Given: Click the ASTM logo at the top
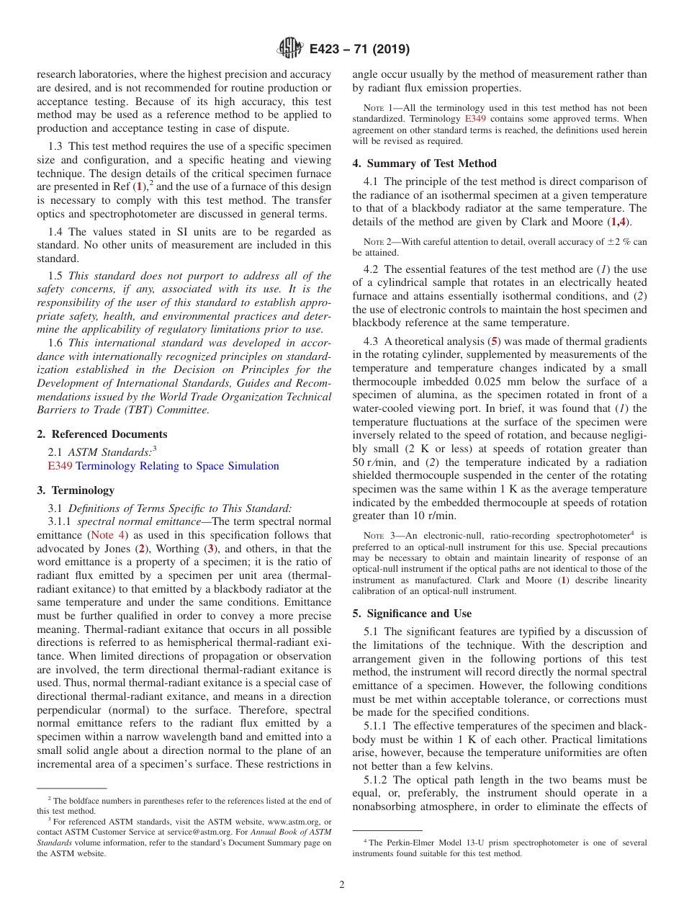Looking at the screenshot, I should point(289,49).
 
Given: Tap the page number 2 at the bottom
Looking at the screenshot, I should point(342,885).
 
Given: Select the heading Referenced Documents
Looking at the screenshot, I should point(109,434).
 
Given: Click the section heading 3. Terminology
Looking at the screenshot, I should point(76,490).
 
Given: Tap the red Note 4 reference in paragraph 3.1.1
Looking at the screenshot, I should point(106,535).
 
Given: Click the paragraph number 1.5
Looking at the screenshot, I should point(56,275).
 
